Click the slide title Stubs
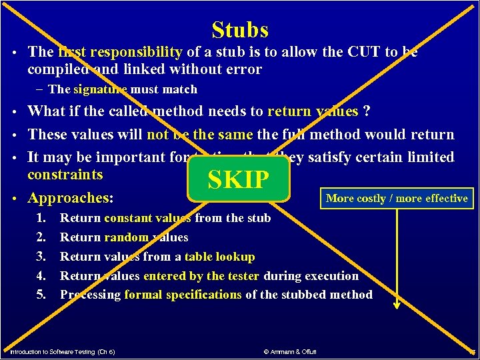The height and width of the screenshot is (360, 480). tap(240, 30)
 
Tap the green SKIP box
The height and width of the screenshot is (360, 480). tap(239, 179)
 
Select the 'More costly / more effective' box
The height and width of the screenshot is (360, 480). tap(397, 198)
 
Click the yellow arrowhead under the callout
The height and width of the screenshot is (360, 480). tap(396, 304)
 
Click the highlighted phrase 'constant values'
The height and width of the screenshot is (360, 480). tap(147, 217)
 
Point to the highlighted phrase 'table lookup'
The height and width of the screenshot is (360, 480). tap(219, 256)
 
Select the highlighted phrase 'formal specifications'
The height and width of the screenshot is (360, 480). tap(183, 294)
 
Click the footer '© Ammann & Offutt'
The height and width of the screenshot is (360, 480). tap(289, 351)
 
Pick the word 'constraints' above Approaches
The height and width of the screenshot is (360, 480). tap(65, 175)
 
